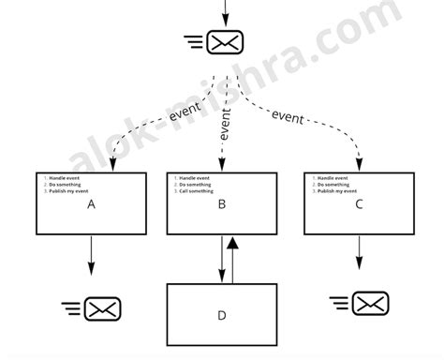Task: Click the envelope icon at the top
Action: [x=225, y=42]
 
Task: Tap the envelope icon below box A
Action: [x=103, y=307]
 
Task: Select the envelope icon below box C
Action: [x=370, y=302]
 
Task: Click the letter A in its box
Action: [x=91, y=203]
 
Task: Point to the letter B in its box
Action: [x=222, y=203]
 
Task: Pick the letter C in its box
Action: [x=359, y=203]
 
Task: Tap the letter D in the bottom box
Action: [x=222, y=315]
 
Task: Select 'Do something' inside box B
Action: [x=197, y=185]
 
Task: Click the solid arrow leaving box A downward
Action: [x=91, y=255]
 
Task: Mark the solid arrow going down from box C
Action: [x=359, y=253]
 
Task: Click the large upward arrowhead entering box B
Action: [x=233, y=243]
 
